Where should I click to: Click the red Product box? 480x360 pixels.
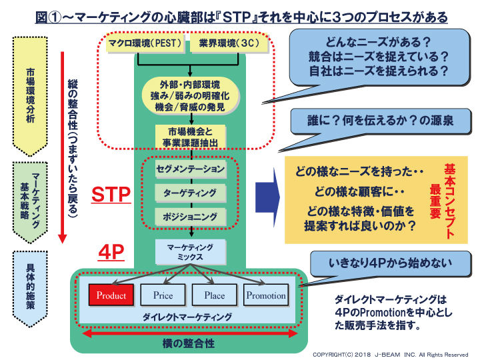coord(111,295)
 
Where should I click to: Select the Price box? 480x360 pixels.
coord(163,295)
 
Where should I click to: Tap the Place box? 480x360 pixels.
coord(215,295)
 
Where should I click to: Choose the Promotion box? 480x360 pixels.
coord(266,295)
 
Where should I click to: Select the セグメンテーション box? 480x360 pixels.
coord(192,169)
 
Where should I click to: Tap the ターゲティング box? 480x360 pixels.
coord(192,193)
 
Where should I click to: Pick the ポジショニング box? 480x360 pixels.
coord(192,217)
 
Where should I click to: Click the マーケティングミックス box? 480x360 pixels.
coord(192,251)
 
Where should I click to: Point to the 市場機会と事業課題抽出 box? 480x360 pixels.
coord(192,136)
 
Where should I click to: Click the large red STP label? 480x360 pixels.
coord(111,195)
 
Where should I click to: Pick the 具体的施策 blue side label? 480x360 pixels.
coord(31,290)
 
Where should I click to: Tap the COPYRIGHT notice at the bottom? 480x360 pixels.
coord(391,355)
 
